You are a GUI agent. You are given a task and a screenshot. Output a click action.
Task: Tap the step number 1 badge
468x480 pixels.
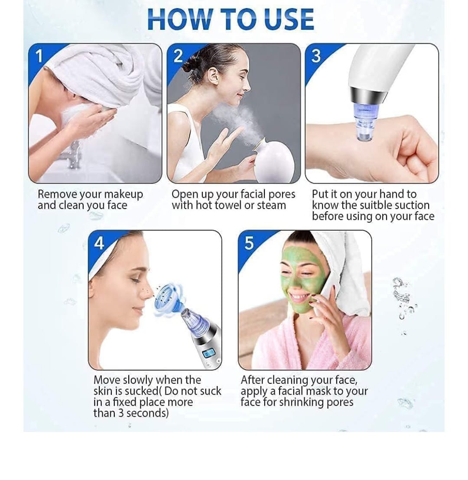pos(39,56)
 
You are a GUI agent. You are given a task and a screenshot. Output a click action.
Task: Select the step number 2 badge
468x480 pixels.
pos(178,56)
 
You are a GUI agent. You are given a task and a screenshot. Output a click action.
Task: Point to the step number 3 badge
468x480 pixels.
pos(316,56)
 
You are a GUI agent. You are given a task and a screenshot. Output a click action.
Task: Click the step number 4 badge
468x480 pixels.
pos(99,243)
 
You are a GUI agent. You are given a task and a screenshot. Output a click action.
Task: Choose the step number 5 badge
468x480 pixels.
pos(249,243)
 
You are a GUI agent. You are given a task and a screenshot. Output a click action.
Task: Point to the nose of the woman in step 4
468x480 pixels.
pos(147,289)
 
